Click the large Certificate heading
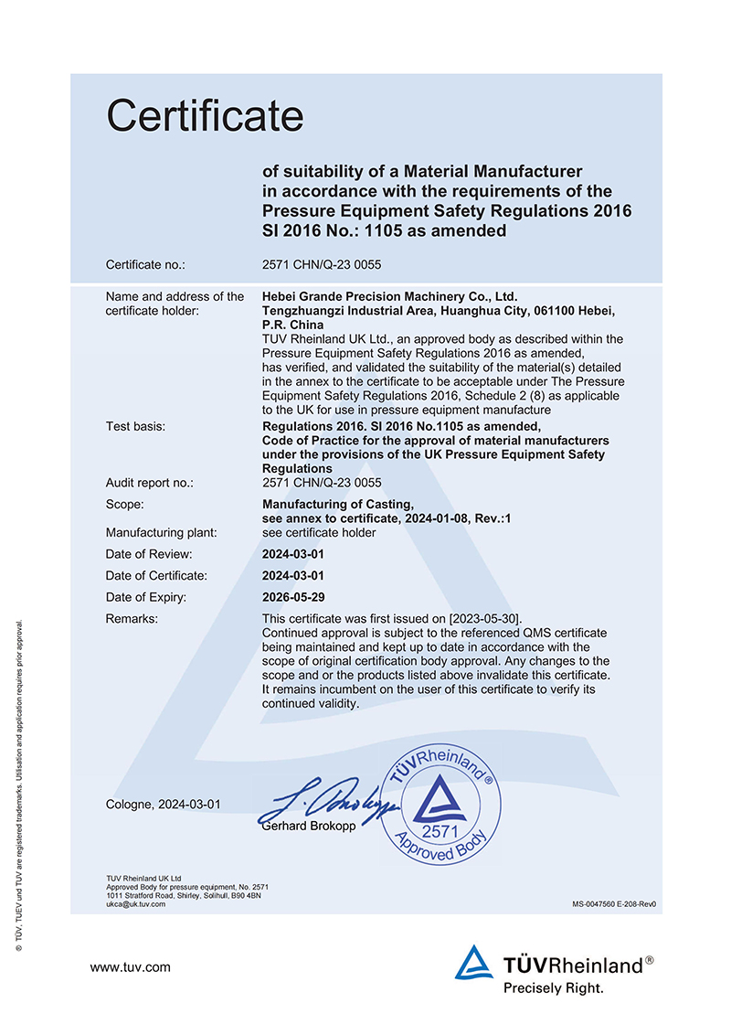[x=205, y=116]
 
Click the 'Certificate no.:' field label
[x=145, y=265]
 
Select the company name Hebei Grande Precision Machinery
[x=389, y=296]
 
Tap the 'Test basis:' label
[x=136, y=426]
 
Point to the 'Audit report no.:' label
[x=150, y=483]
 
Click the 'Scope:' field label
[x=125, y=504]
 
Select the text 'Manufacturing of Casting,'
[x=338, y=504]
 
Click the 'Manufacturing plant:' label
[x=161, y=532]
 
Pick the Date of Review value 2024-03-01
[x=293, y=554]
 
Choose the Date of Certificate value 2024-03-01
[x=293, y=576]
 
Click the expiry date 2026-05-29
[x=293, y=598]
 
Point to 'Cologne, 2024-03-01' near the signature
[x=164, y=805]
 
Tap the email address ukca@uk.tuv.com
[x=136, y=904]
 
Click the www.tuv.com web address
[x=130, y=966]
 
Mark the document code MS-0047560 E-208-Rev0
[x=614, y=904]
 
